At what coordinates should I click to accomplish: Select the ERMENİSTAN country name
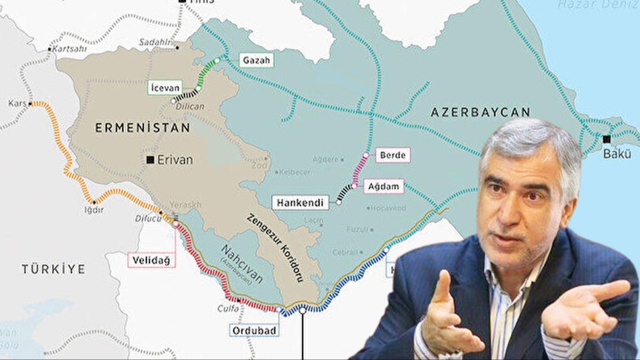(x=142, y=127)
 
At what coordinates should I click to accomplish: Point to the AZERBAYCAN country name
(x=481, y=112)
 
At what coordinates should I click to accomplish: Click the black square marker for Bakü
(x=606, y=139)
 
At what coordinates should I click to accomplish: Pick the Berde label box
(x=393, y=155)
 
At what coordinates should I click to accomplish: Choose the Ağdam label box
(x=383, y=187)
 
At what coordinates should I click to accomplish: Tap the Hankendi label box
(x=300, y=203)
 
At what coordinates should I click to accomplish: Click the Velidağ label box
(x=151, y=260)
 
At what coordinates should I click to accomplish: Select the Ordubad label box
(x=254, y=331)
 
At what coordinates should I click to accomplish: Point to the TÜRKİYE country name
(x=53, y=269)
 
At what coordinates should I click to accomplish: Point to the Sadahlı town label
(x=152, y=42)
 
